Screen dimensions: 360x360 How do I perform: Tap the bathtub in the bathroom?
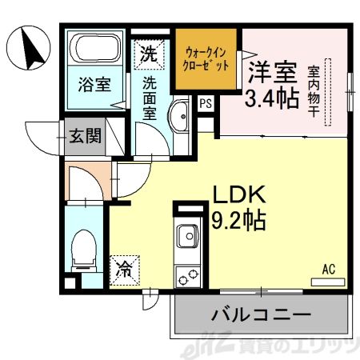click(x=94, y=49)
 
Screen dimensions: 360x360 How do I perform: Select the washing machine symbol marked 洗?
click(x=149, y=54)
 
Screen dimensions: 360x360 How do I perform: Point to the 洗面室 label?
click(x=150, y=95)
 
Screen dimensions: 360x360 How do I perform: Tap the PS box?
click(x=206, y=102)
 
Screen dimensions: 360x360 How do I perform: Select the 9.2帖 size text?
click(x=238, y=217)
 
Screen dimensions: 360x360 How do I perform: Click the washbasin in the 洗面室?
click(x=179, y=116)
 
